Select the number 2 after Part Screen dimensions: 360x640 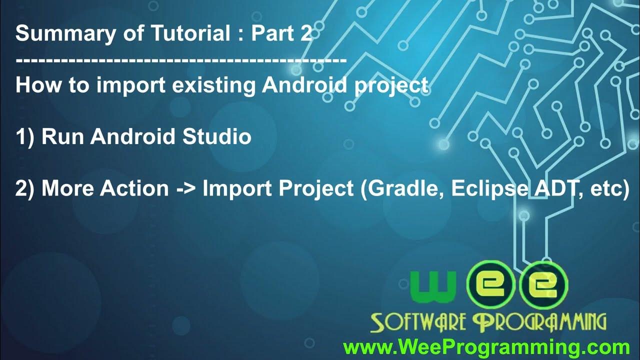tap(306, 34)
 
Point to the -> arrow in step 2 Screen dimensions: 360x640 tap(185, 189)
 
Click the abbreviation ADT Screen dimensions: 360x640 tap(549, 188)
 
